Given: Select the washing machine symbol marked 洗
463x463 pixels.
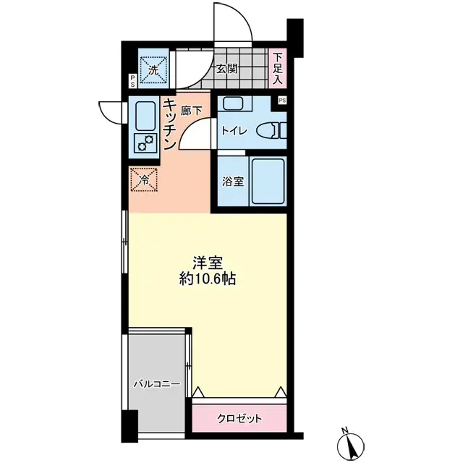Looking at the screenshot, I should click(x=153, y=69).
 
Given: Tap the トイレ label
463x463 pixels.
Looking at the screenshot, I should click(x=234, y=131).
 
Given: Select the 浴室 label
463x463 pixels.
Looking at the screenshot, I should click(x=233, y=181).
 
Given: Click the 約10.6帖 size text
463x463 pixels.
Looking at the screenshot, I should click(x=207, y=279).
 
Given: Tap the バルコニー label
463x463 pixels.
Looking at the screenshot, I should click(x=156, y=384).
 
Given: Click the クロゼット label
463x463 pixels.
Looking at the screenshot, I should click(x=239, y=418).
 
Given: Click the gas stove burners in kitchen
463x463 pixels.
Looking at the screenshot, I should click(x=144, y=142).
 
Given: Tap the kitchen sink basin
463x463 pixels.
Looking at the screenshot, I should click(x=143, y=115).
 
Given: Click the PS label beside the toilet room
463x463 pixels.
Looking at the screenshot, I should click(x=281, y=101).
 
